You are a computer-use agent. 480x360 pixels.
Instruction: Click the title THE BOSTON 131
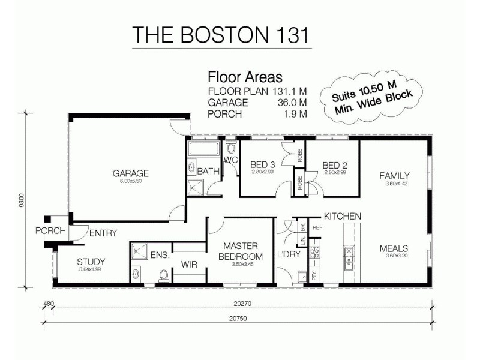point(221,34)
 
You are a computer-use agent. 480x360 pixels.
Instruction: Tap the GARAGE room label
point(130,174)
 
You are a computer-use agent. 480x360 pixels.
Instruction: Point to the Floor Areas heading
point(245,77)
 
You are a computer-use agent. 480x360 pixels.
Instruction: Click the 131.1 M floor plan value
point(290,91)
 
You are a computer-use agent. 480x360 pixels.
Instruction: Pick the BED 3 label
point(263,165)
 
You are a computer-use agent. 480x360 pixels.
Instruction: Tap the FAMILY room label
point(394,175)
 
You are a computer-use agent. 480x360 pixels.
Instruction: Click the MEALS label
point(394,248)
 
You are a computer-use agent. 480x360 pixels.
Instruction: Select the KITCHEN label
point(342,216)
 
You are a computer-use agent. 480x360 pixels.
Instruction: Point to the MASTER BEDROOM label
point(240,251)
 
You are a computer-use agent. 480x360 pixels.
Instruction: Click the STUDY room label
point(91,262)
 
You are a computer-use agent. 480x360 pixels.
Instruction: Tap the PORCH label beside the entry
point(50,231)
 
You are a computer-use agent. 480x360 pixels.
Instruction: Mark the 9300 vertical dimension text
point(22,200)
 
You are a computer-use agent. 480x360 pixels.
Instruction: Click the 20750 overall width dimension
point(238,319)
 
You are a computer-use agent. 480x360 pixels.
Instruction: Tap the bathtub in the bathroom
point(204,149)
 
